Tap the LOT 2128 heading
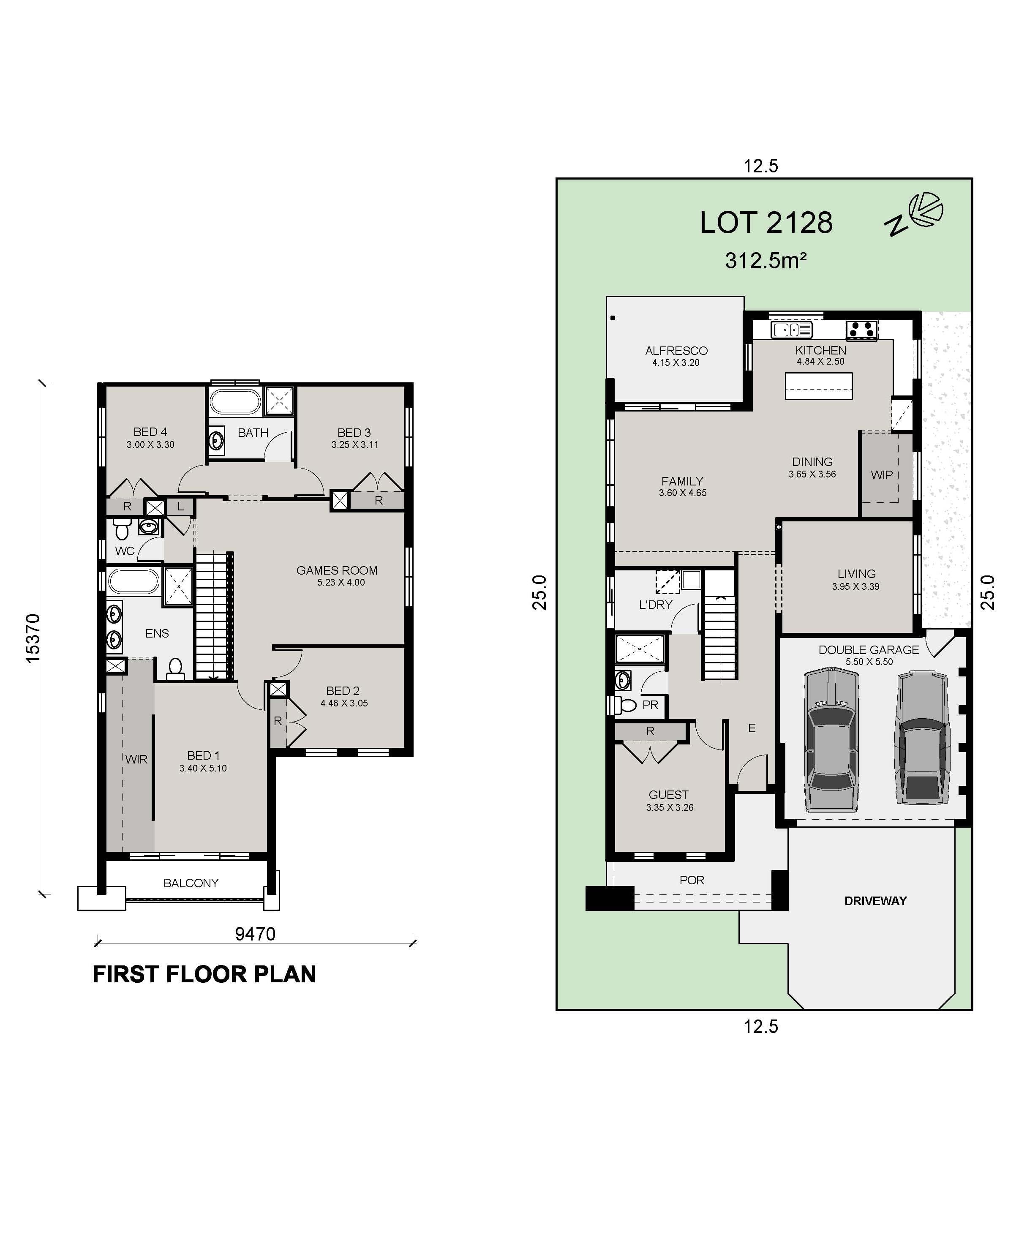(765, 223)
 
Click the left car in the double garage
(831, 739)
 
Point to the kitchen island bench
(819, 386)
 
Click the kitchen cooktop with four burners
(861, 330)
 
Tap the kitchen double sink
(792, 330)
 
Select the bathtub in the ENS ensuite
(133, 581)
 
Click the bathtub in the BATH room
(235, 401)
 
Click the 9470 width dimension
(255, 934)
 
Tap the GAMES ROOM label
(337, 570)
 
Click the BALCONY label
(191, 883)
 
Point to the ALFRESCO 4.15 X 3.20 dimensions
(676, 363)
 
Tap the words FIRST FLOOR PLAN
(204, 974)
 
